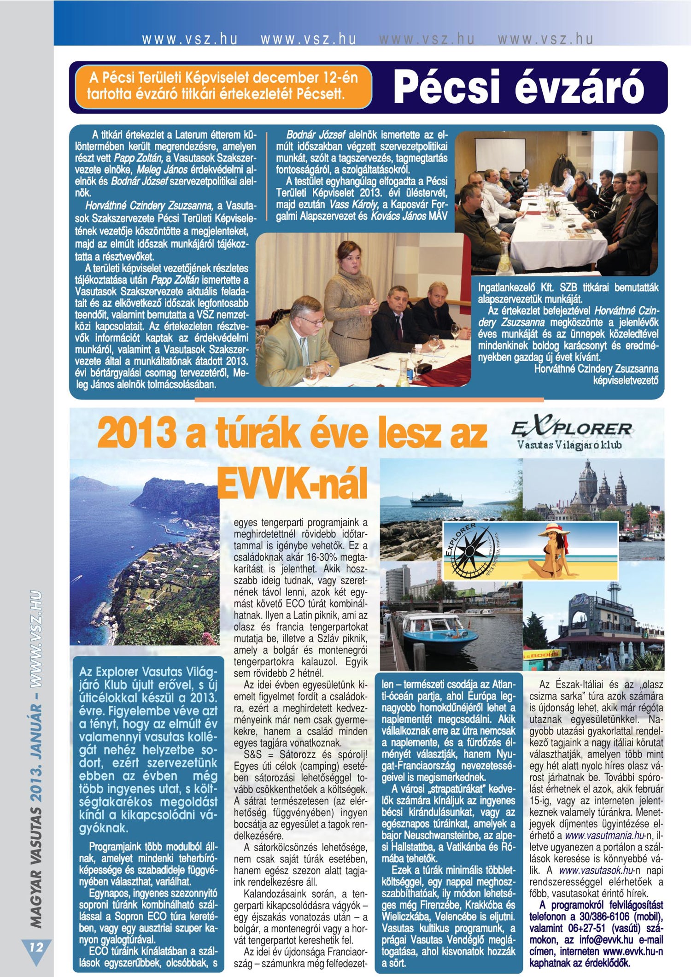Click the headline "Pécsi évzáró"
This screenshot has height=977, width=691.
(518, 87)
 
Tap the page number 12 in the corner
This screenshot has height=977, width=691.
(36, 947)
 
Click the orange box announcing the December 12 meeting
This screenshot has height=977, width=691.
(223, 86)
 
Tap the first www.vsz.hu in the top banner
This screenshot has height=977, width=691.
(190, 40)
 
